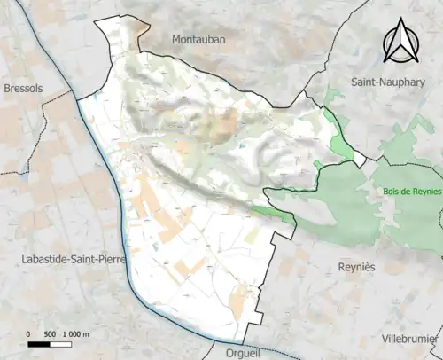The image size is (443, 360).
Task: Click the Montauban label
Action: (x=199, y=40)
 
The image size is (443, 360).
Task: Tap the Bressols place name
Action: (x=23, y=89)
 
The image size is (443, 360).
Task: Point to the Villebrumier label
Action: (x=409, y=339)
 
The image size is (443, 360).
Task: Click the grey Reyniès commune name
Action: (x=359, y=266)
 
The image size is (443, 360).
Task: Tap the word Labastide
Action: (x=42, y=258)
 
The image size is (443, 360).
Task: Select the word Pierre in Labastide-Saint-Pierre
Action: (x=111, y=258)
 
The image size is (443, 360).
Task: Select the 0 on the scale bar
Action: (x=29, y=334)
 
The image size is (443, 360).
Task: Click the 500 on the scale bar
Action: (x=51, y=334)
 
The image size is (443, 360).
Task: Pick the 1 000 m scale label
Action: (x=77, y=334)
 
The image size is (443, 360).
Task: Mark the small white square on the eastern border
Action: (x=359, y=160)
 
